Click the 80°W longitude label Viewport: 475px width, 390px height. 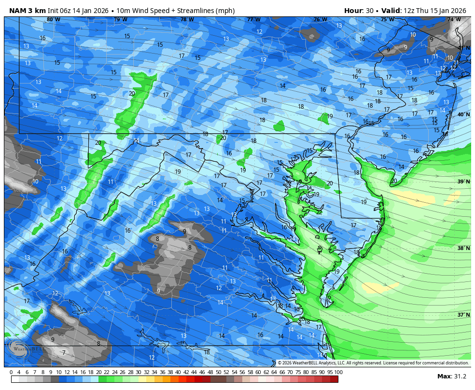(x=53, y=20)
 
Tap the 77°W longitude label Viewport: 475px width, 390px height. (x=253, y=20)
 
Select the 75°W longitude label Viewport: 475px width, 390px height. (x=387, y=20)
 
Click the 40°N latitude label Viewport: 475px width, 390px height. (x=463, y=115)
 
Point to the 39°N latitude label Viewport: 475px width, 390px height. (x=463, y=181)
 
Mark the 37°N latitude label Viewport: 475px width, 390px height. (x=463, y=315)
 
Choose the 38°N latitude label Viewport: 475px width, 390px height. (x=463, y=248)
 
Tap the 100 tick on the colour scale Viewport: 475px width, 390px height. (x=338, y=372)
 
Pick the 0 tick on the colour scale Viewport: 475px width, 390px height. (x=11, y=372)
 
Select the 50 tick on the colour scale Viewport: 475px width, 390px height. (x=218, y=372)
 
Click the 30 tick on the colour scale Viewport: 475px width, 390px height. (x=138, y=372)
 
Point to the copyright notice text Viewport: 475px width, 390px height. (x=373, y=363)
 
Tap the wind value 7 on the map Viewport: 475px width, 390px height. (x=64, y=353)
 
